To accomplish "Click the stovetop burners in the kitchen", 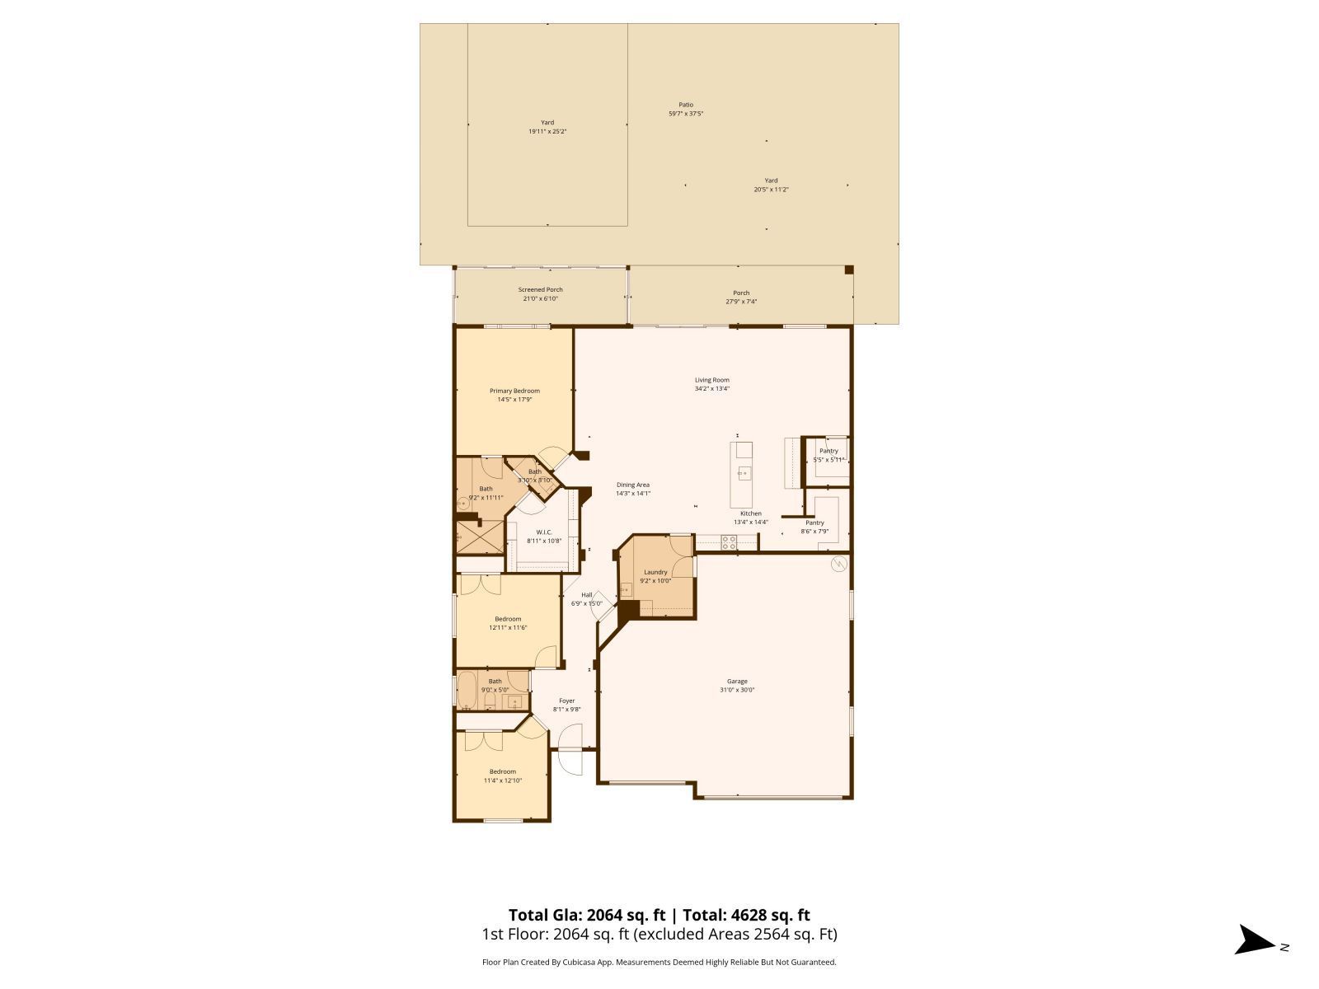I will (x=730, y=541).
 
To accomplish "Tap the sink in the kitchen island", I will (x=744, y=473).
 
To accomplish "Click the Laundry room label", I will (x=655, y=572).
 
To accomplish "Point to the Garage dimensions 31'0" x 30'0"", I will (x=737, y=691).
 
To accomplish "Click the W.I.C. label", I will (x=544, y=532).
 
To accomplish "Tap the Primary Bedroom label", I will (x=514, y=391).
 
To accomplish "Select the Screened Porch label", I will (x=541, y=289).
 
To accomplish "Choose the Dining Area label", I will (x=633, y=485).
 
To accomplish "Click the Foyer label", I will (x=567, y=701).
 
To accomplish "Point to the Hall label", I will (x=587, y=594).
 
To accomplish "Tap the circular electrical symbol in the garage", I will (x=838, y=565).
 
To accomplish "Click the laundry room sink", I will (x=627, y=588).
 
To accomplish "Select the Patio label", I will (x=686, y=105).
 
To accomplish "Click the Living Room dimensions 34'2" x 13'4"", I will (x=712, y=388).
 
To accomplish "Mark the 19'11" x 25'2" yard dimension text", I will (x=547, y=131).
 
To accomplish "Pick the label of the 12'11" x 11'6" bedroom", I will (x=508, y=619).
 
